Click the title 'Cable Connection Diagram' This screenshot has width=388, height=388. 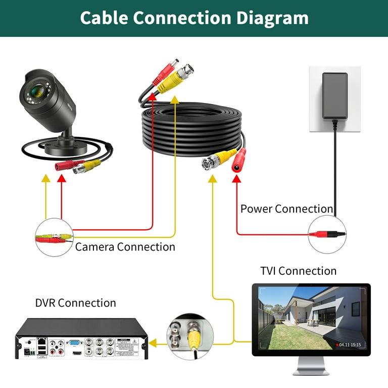pyautogui.click(x=194, y=18)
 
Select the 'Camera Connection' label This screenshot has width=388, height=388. pyautogui.click(x=125, y=247)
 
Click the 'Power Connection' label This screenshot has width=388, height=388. pyautogui.click(x=286, y=209)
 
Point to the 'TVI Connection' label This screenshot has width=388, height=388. pyautogui.click(x=298, y=271)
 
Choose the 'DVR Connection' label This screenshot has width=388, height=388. pyautogui.click(x=75, y=303)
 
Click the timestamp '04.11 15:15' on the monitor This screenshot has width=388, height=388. pyautogui.click(x=350, y=345)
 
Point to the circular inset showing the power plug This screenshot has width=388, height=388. pyautogui.click(x=327, y=234)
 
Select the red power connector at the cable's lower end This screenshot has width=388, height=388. pyautogui.click(x=238, y=162)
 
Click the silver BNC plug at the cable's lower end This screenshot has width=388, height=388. pyautogui.click(x=209, y=163)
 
